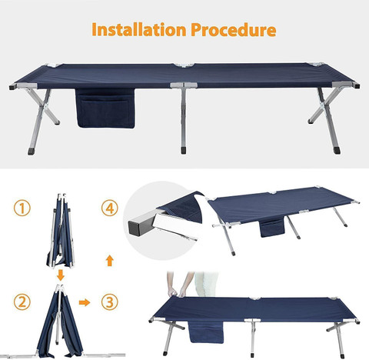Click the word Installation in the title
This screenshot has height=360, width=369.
tap(139, 29)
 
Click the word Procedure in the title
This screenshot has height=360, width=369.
tap(234, 29)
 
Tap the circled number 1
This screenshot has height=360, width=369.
tap(22, 208)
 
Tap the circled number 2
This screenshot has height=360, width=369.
tap(22, 302)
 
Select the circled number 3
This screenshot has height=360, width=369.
tap(110, 302)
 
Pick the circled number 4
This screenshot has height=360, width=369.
tap(110, 208)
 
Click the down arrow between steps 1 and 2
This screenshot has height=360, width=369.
tap(61, 275)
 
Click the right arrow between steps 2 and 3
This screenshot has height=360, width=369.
tap(85, 302)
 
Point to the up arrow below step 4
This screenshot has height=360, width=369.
tap(110, 261)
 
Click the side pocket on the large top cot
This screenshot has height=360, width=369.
tap(105, 108)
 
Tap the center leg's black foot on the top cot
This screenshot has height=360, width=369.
tap(183, 150)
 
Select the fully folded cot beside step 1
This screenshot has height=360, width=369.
tap(61, 231)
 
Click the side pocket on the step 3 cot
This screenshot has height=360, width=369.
tap(206, 332)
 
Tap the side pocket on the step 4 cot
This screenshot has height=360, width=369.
tap(272, 228)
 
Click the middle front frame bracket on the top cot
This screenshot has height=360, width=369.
tap(184, 85)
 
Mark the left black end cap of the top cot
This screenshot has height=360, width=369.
tap(12, 87)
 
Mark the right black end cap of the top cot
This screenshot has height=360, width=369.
tap(357, 86)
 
